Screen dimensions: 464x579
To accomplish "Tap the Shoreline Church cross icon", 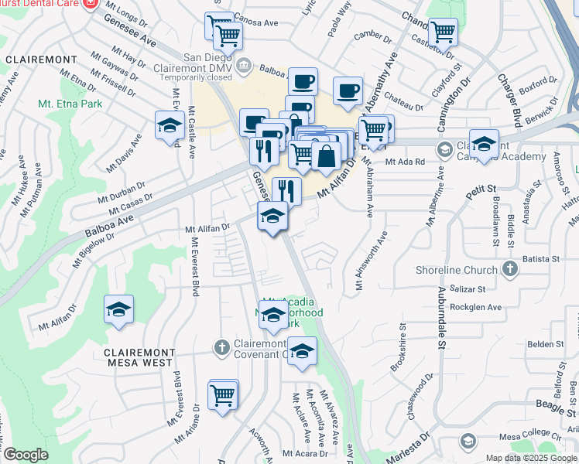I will (509, 269).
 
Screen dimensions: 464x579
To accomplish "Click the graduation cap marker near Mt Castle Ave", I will (170, 125).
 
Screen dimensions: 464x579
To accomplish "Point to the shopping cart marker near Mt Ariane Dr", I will (223, 394).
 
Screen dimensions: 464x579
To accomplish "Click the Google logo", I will (26, 455).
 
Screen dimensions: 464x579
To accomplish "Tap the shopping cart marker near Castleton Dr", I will (443, 33).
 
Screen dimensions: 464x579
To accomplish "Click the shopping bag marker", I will (327, 155).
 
